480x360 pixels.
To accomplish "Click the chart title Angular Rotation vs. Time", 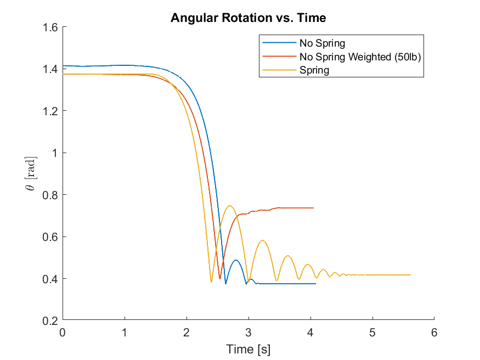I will tap(248, 18).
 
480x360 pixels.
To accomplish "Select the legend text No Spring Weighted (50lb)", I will tap(360, 57).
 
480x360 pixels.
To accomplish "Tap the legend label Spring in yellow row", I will tap(314, 70).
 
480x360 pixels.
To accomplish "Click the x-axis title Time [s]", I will tap(248, 349).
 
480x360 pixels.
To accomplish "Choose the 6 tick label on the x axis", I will tap(434, 332).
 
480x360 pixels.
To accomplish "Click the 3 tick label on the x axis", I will tap(249, 332).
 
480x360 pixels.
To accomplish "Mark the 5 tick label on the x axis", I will tap(372, 332).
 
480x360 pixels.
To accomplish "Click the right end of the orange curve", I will tap(313, 208).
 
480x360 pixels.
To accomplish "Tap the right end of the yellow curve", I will tap(410, 275).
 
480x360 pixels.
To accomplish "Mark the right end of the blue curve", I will tap(315, 284).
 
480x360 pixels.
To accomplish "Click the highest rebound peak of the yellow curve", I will tap(229, 206).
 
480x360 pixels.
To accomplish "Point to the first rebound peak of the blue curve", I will tap(236, 260).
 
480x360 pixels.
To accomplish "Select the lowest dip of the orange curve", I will tap(220, 279).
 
